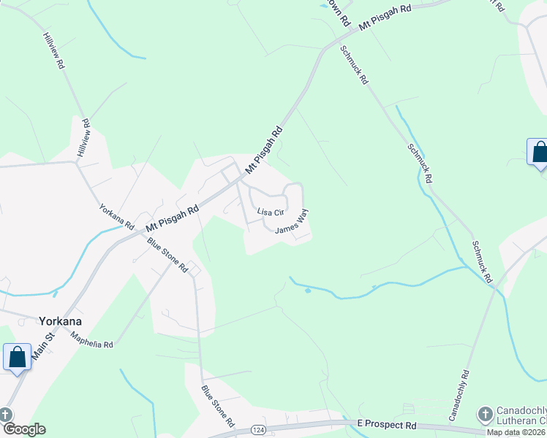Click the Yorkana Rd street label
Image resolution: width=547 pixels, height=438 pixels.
pyautogui.click(x=117, y=216)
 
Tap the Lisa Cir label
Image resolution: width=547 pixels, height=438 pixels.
pyautogui.click(x=270, y=212)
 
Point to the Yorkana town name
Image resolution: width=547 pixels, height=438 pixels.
pyautogui.click(x=59, y=321)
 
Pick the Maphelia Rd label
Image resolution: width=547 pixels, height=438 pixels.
pyautogui.click(x=92, y=339)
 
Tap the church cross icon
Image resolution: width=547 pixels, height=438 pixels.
pyautogui.click(x=484, y=415)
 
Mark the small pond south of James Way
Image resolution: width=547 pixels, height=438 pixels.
pyautogui.click(x=308, y=291)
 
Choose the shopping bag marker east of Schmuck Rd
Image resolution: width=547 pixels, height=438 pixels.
pyautogui.click(x=539, y=152)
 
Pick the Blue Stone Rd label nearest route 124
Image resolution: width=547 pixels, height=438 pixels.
pyautogui.click(x=218, y=406)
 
